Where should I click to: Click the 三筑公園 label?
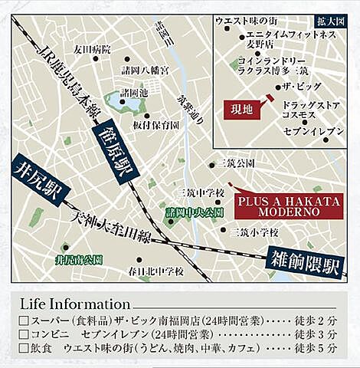[237, 164]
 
